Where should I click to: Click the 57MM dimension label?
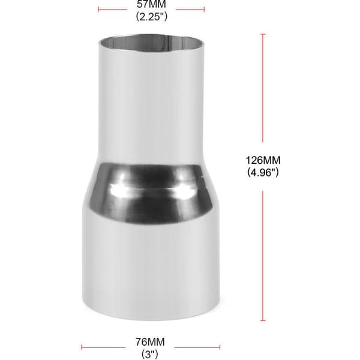point(151,4)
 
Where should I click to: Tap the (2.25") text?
point(152,17)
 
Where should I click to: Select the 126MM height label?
point(263,160)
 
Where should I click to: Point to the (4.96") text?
point(263,172)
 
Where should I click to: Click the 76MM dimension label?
point(150,342)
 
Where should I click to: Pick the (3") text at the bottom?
point(150,354)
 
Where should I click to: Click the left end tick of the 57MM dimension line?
point(98,10)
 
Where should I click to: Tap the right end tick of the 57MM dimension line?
point(204,10)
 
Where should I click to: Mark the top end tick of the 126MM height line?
point(263,34)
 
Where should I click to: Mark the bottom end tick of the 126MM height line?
point(263,320)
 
